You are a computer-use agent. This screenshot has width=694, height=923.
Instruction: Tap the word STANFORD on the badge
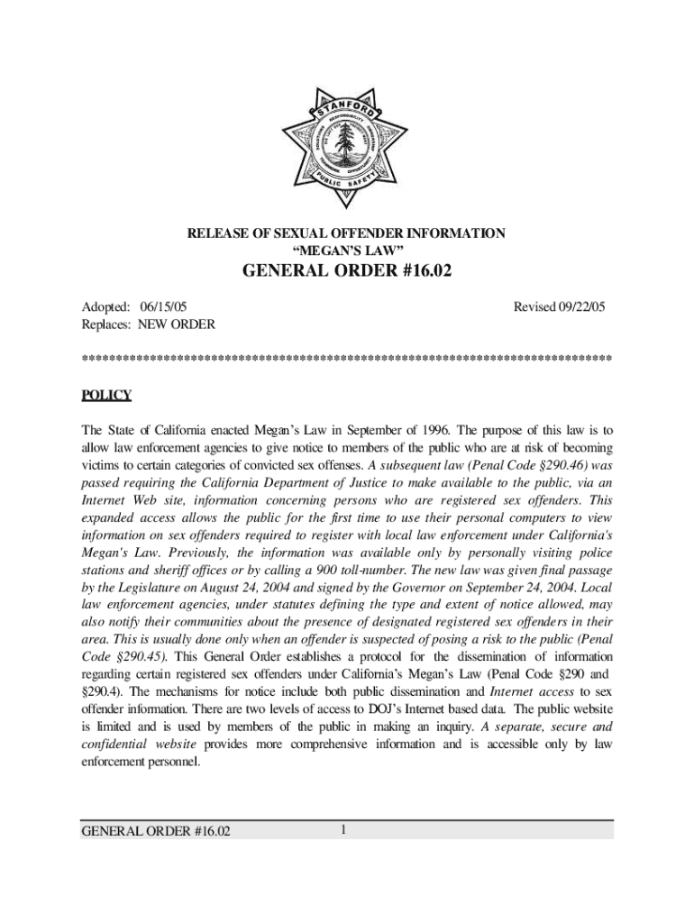pos(347,107)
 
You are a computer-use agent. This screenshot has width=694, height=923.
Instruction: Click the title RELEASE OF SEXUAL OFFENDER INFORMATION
pos(346,234)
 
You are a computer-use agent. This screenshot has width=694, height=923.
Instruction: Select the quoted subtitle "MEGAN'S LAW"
pos(347,250)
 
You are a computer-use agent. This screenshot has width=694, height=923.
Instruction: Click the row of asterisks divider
pos(346,359)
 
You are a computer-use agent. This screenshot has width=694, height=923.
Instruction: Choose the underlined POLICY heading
pos(106,395)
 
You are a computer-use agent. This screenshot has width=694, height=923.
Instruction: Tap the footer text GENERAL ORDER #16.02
pos(155,831)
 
